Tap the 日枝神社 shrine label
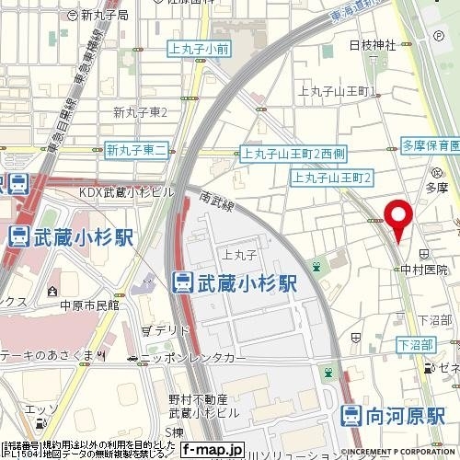372,45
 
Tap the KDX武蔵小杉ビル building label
127,191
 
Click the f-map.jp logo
211,450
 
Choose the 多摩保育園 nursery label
431,145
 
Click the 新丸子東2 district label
140,112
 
